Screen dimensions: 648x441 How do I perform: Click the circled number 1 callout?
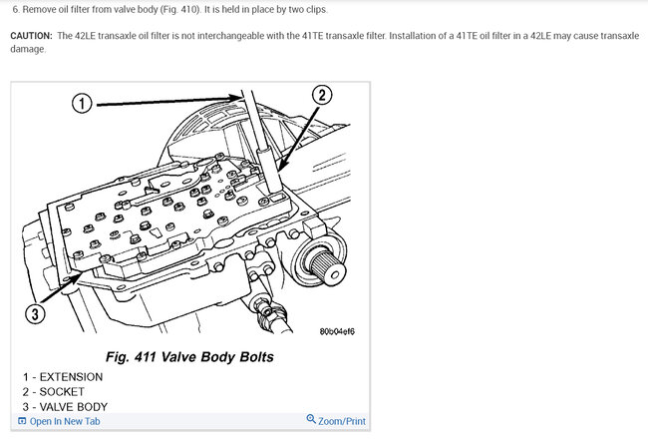point(82,103)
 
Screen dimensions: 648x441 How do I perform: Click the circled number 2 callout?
point(322,95)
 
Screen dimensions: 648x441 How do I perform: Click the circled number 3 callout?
point(35,313)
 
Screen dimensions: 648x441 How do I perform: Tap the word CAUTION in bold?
point(31,36)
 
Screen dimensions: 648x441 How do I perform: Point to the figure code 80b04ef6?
point(337,331)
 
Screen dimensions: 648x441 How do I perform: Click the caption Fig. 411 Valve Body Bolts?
point(189,356)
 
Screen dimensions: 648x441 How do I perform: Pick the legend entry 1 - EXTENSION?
point(63,377)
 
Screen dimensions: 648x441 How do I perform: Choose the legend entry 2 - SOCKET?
point(54,392)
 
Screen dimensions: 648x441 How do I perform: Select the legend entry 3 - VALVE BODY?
point(65,407)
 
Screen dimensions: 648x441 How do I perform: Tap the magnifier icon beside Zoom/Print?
point(311,419)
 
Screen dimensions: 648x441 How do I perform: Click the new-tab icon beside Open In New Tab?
point(22,421)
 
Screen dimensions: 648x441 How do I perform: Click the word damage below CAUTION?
point(27,49)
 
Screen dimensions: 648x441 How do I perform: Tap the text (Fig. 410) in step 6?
point(179,10)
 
